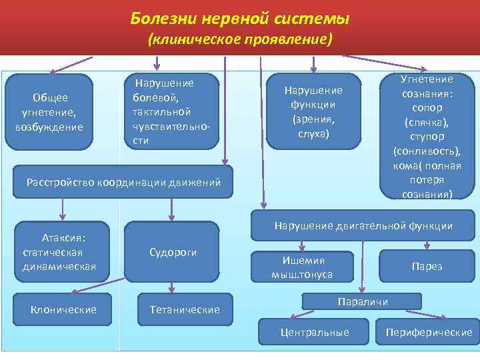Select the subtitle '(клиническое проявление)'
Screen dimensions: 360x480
(x=239, y=40)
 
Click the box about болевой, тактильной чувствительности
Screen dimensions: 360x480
(x=172, y=111)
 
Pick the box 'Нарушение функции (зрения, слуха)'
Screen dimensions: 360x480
(x=313, y=111)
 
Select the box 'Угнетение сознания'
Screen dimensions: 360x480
(x=427, y=136)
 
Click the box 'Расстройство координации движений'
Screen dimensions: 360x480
(x=123, y=181)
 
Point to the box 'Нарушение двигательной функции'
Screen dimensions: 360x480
(x=363, y=226)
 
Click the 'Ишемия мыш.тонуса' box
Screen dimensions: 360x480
(x=302, y=266)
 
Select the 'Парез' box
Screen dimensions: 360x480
(x=427, y=266)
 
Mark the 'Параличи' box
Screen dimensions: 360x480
(x=363, y=302)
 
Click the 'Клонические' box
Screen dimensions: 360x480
(x=63, y=309)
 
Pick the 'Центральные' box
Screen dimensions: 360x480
(x=315, y=332)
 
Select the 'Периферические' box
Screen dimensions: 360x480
(x=429, y=332)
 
